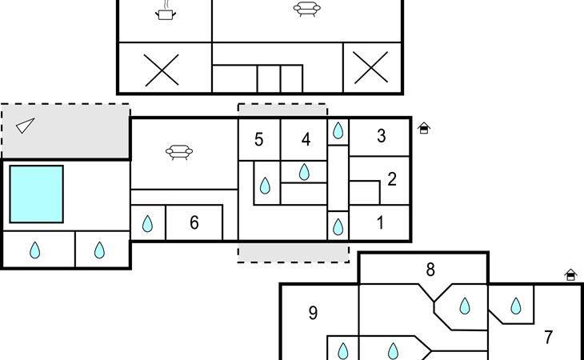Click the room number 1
point(380,222)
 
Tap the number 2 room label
point(392,179)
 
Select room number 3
point(381,136)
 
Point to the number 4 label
point(306,139)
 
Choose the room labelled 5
point(259,140)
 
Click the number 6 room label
point(194,222)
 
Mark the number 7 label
point(548,338)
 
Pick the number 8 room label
point(430,270)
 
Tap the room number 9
point(314,313)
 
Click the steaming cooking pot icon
point(166,11)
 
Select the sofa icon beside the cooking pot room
point(307,9)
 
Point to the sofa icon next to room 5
point(179,152)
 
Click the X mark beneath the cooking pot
point(162,70)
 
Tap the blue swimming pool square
point(37,194)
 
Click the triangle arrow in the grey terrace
point(26,126)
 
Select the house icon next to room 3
point(424,128)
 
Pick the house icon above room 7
point(570,275)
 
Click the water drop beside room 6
point(147,224)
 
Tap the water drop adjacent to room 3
point(338,130)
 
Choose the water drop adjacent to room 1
point(338,226)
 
